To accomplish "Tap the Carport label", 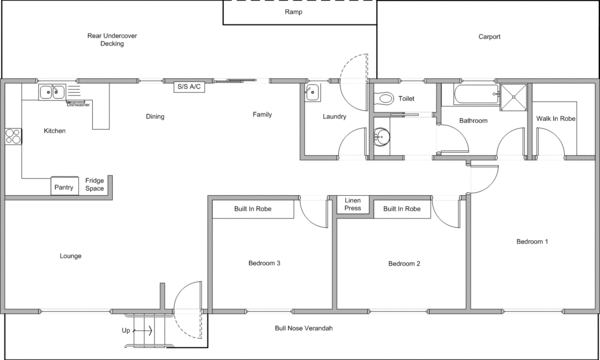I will click(x=489, y=37).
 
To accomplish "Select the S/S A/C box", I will click(x=189, y=87).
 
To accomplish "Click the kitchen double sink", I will click(x=52, y=93).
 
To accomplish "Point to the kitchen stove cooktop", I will click(x=13, y=137).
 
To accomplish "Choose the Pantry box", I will click(x=64, y=187).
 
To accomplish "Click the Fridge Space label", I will click(x=94, y=186).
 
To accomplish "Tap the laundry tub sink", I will click(x=311, y=93).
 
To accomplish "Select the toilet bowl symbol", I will click(x=385, y=99).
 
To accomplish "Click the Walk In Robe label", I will click(x=555, y=119).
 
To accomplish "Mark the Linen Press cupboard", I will click(x=353, y=205).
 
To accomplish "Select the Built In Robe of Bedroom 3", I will click(x=252, y=209).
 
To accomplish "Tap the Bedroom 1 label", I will click(x=532, y=242).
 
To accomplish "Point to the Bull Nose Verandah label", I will click(x=303, y=329).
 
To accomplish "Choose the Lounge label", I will click(x=70, y=256).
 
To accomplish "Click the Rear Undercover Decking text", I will click(x=105, y=40).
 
